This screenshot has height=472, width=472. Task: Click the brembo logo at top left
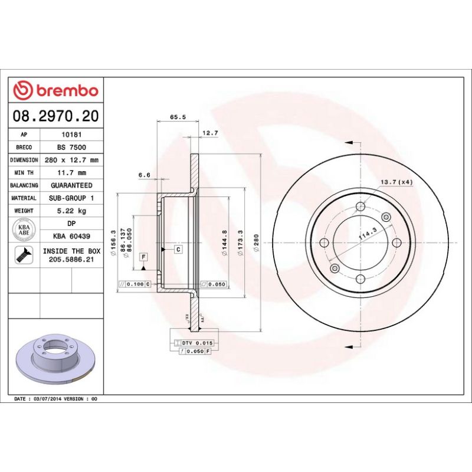(x=56, y=90)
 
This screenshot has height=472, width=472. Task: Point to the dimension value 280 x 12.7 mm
(x=71, y=160)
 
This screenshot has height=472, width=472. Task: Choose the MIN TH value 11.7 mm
(x=71, y=173)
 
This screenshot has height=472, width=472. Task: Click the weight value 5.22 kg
(x=71, y=211)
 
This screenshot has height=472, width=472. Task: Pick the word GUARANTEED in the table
(x=71, y=185)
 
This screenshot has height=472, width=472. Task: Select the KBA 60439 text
(x=71, y=237)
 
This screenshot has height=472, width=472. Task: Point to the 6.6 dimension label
(x=145, y=175)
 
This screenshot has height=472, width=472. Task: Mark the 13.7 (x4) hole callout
(x=396, y=182)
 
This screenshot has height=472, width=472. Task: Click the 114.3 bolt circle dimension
(x=367, y=235)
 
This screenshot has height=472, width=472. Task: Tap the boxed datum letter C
(x=178, y=250)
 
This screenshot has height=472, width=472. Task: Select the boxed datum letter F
(x=143, y=257)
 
